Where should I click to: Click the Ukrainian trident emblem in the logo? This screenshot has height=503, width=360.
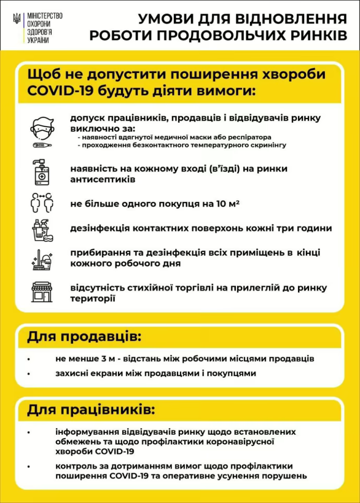pyautogui.click(x=17, y=20)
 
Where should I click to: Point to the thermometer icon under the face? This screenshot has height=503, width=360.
pyautogui.click(x=42, y=146)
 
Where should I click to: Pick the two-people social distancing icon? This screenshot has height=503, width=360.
pyautogui.click(x=42, y=203)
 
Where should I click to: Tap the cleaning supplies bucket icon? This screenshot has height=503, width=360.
pyautogui.click(x=42, y=230)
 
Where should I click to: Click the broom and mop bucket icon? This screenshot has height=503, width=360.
pyautogui.click(x=42, y=258)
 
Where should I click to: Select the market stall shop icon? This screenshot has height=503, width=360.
pyautogui.click(x=42, y=292)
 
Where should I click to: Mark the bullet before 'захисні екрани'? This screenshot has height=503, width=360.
pyautogui.click(x=30, y=374)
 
